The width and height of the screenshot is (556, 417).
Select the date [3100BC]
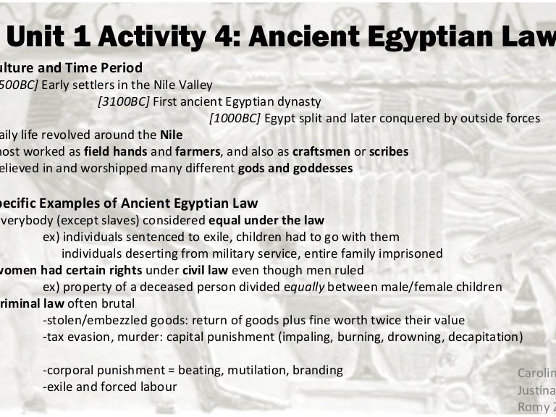click(123, 101)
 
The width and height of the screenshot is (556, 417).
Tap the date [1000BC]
click(235, 118)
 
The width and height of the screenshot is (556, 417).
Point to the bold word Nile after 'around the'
click(171, 135)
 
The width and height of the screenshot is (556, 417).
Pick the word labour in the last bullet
click(156, 387)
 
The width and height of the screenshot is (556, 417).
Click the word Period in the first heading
click(117, 68)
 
